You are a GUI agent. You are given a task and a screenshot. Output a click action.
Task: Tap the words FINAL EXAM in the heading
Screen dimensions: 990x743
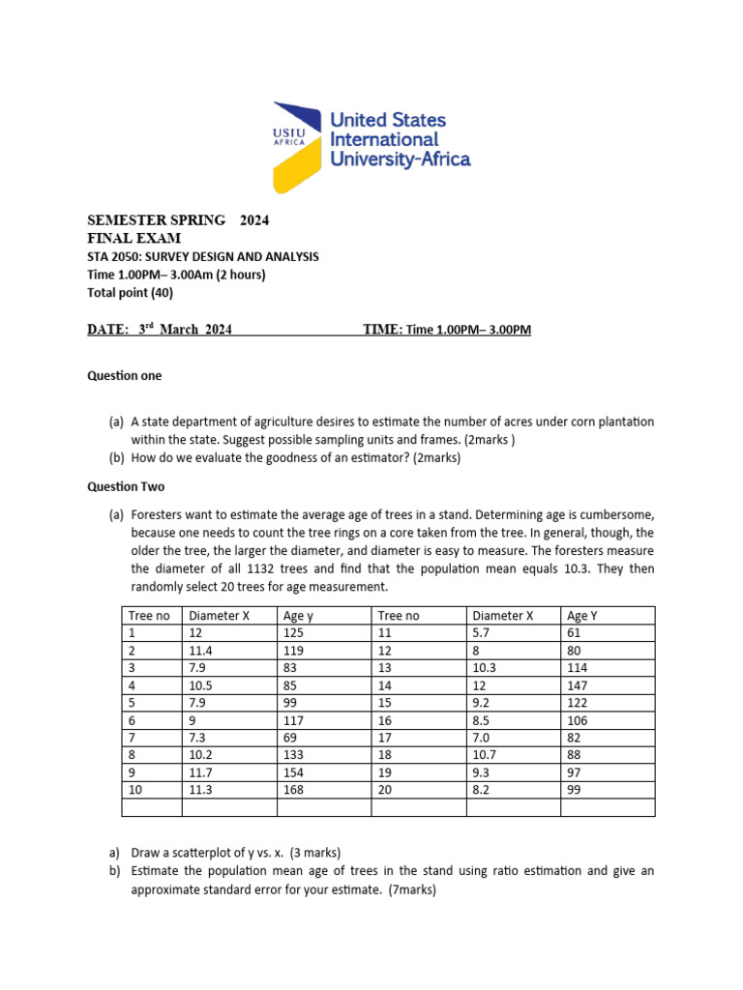134,238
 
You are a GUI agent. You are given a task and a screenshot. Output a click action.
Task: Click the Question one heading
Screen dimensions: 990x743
125,375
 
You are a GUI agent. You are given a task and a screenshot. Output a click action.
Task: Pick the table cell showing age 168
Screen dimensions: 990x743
292,789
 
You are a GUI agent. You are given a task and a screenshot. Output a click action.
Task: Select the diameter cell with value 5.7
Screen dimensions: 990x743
480,632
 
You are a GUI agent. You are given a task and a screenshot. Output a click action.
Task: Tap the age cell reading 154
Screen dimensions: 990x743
292,772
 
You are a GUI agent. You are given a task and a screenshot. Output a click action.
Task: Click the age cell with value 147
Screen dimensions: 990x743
578,684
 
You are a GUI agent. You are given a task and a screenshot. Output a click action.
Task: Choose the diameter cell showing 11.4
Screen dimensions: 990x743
201,650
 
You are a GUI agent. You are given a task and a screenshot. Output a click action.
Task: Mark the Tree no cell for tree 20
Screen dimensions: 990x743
385,789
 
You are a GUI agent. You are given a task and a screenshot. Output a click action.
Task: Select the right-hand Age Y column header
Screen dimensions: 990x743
582,615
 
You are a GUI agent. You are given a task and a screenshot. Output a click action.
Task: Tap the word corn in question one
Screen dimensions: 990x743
560,422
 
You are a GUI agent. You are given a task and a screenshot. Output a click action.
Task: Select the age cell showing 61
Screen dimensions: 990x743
575,632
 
